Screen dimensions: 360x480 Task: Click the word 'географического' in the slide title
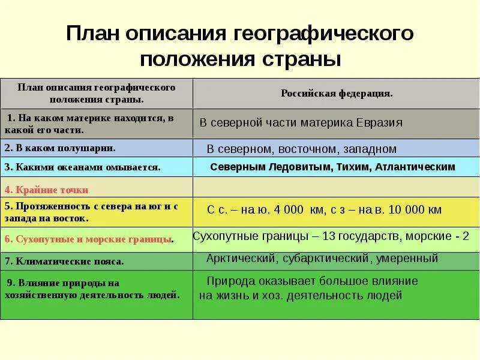point(322,34)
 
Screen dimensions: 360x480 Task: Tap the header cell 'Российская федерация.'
point(337,94)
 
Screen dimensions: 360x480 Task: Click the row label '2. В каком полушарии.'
point(59,147)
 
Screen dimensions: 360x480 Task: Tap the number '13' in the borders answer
point(328,236)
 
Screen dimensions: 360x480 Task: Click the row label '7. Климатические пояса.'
point(64,261)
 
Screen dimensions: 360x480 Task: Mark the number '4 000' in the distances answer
point(289,210)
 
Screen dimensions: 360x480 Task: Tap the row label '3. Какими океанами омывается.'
point(82,167)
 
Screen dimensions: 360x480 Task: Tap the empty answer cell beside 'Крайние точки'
point(336,188)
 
